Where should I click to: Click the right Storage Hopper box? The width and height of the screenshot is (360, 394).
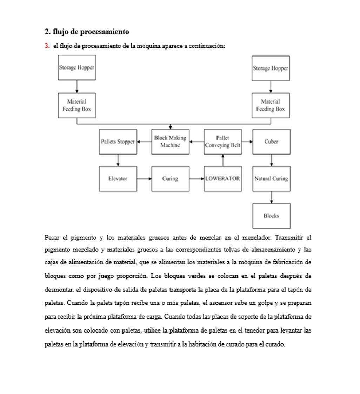(271, 68)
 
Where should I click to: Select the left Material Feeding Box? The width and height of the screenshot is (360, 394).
(76, 105)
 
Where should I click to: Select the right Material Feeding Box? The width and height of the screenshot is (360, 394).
(271, 105)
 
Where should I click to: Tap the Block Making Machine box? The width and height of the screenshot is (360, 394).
(170, 142)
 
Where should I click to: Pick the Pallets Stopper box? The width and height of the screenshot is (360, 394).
(118, 142)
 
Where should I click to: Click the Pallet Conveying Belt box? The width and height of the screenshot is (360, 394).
(223, 142)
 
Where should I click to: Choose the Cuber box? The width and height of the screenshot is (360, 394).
(271, 142)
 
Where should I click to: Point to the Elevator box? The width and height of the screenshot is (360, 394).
(118, 179)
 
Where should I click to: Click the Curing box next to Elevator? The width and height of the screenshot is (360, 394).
(170, 179)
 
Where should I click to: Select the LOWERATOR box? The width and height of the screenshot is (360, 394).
(223, 179)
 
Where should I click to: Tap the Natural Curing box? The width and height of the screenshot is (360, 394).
(271, 179)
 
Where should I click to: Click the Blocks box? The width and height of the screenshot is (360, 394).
(271, 216)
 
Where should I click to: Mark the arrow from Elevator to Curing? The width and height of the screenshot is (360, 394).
(144, 179)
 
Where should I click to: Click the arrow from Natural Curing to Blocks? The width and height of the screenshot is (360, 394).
(271, 197)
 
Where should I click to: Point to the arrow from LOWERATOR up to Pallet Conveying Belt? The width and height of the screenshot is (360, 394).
(223, 160)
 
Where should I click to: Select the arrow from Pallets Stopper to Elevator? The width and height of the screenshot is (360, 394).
(118, 160)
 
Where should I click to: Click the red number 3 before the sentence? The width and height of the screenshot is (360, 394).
(47, 46)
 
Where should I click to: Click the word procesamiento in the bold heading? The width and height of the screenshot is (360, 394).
(105, 32)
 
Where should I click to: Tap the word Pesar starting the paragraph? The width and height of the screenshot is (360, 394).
(52, 238)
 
